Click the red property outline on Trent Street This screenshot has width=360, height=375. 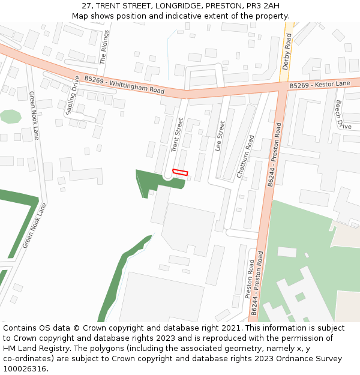tap(180, 173)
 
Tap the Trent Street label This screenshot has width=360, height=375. tap(176, 134)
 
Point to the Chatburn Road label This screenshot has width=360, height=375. tap(245, 157)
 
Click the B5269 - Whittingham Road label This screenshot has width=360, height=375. tap(124, 85)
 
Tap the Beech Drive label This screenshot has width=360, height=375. tap(343, 115)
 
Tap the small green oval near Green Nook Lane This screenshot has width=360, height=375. tap(10, 116)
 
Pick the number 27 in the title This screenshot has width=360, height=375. tap(86, 6)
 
